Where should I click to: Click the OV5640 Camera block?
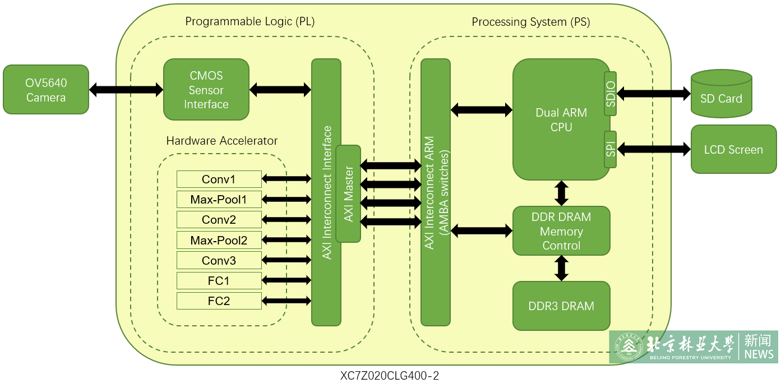point(46,90)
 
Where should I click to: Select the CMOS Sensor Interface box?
point(206,90)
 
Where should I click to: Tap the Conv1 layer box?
point(219,179)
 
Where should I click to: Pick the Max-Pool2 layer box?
point(219,240)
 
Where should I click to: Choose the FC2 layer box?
point(219,301)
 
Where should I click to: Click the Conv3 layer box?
point(219,260)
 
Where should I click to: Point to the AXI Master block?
point(348,193)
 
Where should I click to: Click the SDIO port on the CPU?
point(611,94)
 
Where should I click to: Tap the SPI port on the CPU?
point(611,149)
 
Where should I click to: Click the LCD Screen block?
point(733,149)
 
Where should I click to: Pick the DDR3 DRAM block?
point(561,306)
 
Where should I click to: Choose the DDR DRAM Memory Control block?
point(561,230)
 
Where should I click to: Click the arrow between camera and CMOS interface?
point(126,89)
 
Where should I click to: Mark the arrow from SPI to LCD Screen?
point(654,149)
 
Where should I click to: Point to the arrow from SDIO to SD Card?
point(654,94)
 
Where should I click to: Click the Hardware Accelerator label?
point(222,141)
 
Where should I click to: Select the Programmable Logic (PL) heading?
point(250,22)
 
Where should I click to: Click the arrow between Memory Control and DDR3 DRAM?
point(561,268)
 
